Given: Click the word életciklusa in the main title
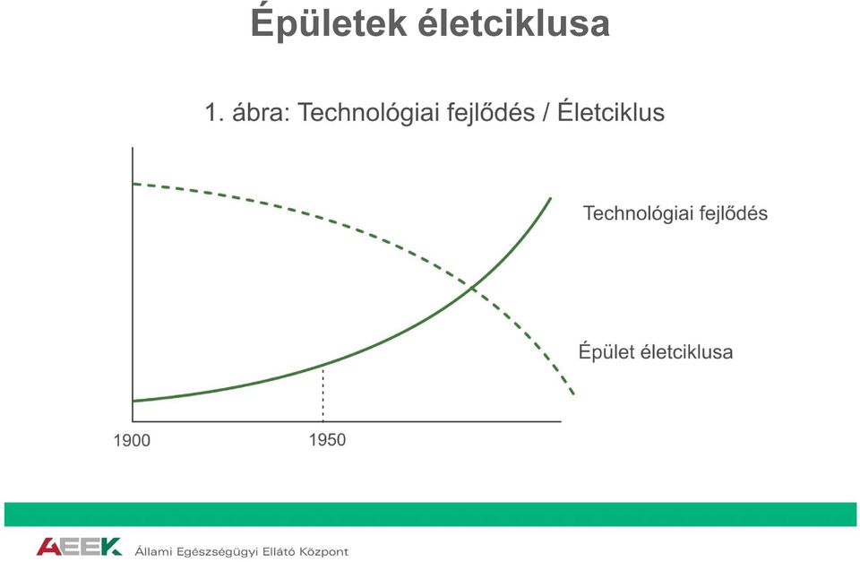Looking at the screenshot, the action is click(514, 23).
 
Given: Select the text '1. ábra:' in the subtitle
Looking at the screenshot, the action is click(247, 113).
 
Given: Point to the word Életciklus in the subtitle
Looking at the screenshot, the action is click(611, 112).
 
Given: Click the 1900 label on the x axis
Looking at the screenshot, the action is click(132, 440).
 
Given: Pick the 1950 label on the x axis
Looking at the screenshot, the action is click(328, 439).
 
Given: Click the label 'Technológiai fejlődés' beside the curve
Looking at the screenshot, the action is click(675, 213).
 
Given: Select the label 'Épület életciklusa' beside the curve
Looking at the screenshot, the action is click(656, 351).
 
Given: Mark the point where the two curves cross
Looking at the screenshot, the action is click(472, 288).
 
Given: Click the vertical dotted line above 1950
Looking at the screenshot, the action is click(323, 393).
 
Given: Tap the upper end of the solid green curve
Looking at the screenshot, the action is click(550, 198).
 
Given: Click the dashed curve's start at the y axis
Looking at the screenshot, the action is click(133, 184).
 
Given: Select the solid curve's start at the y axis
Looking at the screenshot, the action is click(133, 402).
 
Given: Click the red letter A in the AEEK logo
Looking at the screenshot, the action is click(48, 547).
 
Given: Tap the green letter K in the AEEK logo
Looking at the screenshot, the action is click(111, 547).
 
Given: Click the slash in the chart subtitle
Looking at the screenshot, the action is click(546, 113).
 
